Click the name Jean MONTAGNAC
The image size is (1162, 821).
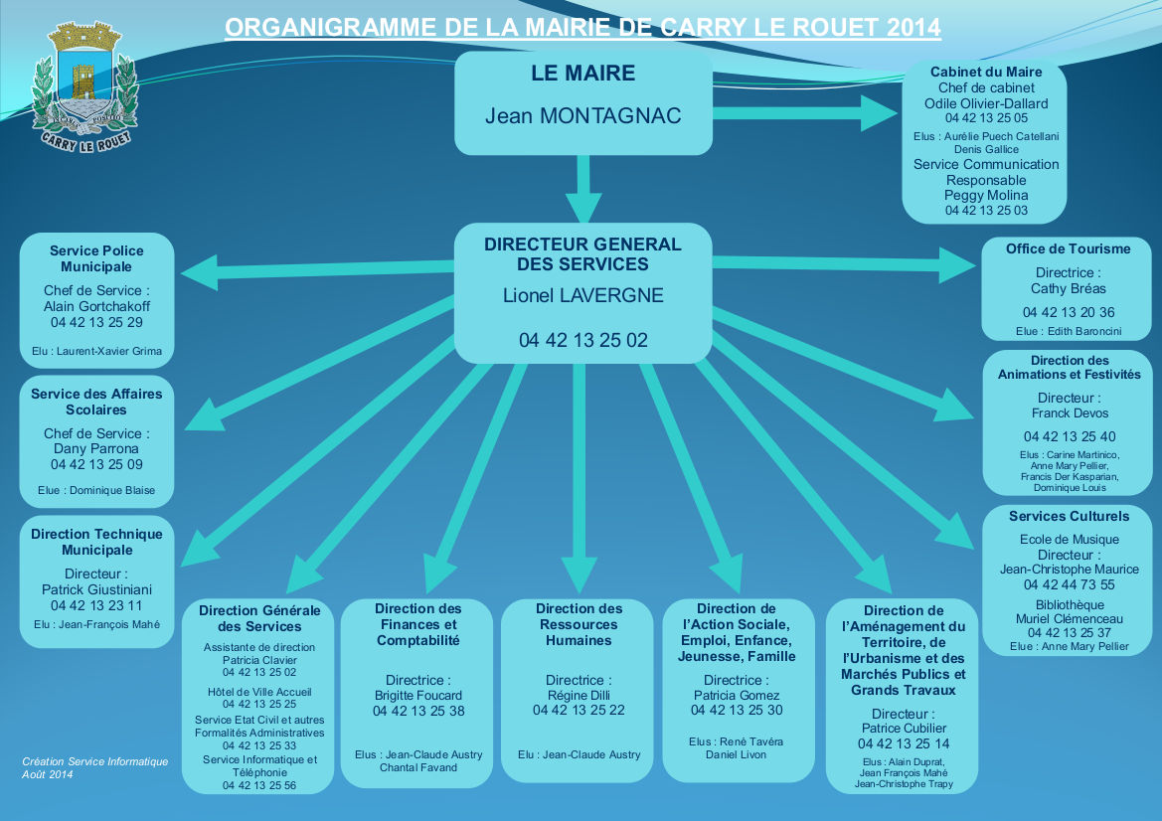[583, 116]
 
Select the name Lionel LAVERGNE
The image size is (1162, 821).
[583, 295]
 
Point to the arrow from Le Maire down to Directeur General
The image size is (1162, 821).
[583, 189]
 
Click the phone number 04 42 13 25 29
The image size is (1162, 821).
[96, 323]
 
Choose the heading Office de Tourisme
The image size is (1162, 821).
[1068, 249]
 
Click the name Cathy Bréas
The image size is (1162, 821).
[1068, 289]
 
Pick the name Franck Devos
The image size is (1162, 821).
[1070, 413]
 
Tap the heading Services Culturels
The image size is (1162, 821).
[1069, 517]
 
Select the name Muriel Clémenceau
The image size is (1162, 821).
[1069, 619]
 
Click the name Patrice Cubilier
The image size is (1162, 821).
[903, 729]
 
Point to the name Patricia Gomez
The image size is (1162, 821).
[737, 696]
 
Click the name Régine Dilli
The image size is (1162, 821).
[579, 696]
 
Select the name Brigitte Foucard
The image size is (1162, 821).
[418, 696]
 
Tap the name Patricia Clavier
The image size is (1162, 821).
[259, 660]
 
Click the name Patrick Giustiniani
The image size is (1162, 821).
[96, 590]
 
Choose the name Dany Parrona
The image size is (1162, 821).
[96, 449]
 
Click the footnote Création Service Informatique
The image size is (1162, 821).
[95, 762]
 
